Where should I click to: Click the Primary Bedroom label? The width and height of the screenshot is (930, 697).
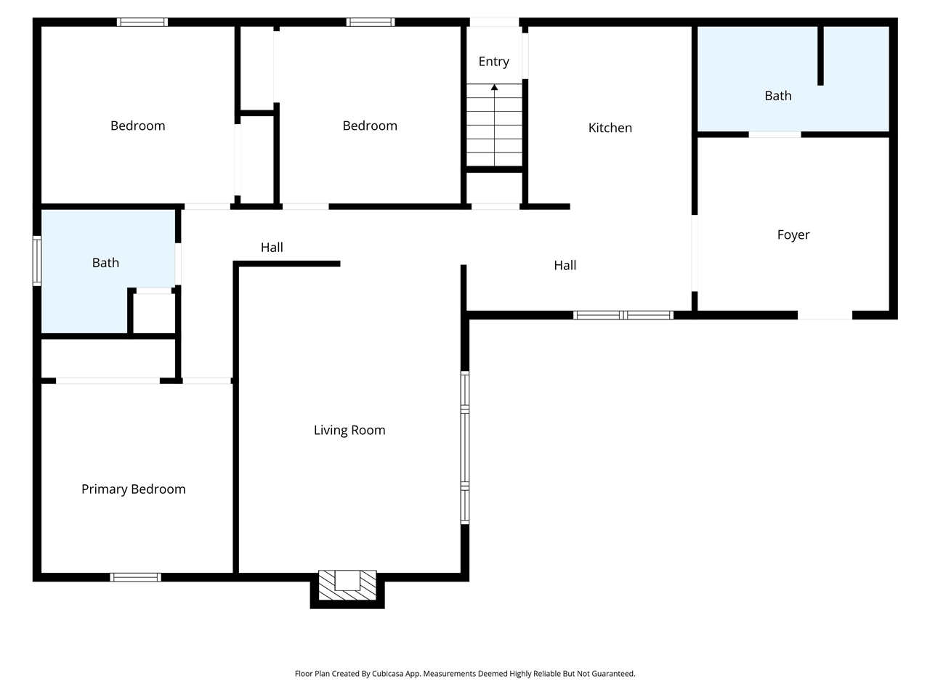[133, 489]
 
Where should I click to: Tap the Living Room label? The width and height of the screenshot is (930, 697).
[349, 431]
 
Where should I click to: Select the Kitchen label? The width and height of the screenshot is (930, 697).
[610, 128]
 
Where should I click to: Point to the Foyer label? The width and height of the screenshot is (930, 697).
[793, 235]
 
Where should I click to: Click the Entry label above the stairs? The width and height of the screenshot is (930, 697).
[493, 62]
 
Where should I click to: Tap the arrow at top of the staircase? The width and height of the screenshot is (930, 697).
[494, 88]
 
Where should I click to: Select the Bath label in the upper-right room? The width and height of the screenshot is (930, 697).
[777, 96]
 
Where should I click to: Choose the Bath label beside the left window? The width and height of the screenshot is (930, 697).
[105, 263]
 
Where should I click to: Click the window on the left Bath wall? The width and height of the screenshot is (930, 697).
[36, 260]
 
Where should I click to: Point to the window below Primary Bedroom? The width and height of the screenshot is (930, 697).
[135, 577]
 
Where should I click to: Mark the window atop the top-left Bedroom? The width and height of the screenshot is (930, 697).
[142, 22]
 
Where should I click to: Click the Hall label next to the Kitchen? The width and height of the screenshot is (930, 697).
[565, 266]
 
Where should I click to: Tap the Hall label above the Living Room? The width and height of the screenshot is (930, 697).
[272, 248]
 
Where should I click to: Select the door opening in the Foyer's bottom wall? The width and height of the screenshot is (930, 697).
[825, 315]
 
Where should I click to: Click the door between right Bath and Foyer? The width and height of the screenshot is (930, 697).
[775, 134]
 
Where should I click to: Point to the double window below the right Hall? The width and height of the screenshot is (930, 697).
[623, 315]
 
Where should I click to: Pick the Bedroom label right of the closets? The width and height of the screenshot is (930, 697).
[370, 126]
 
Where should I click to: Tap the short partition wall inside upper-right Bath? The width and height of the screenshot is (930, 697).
[820, 56]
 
